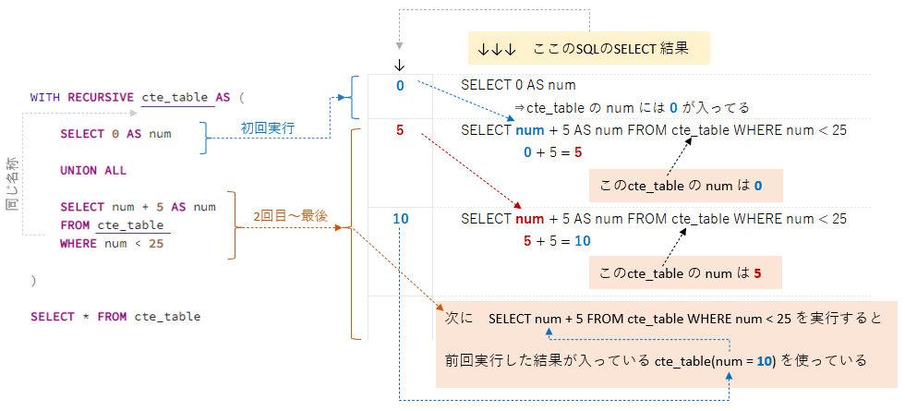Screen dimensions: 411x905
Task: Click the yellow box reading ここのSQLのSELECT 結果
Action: pyautogui.click(x=589, y=47)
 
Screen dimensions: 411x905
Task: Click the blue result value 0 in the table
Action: pyautogui.click(x=400, y=86)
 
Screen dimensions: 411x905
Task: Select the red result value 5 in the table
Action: pyautogui.click(x=400, y=130)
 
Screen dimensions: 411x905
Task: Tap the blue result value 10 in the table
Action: pyautogui.click(x=400, y=219)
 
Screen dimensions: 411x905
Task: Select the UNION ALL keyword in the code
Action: pyautogui.click(x=93, y=171)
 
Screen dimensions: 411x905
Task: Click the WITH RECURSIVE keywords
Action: pyautogui.click(x=81, y=97)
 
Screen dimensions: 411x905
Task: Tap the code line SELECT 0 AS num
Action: pyautogui.click(x=115, y=134)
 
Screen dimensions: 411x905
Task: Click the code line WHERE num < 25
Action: pyautogui.click(x=112, y=244)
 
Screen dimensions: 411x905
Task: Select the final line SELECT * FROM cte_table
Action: pyautogui.click(x=115, y=317)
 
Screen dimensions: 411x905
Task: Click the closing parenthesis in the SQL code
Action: pyautogui.click(x=33, y=280)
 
